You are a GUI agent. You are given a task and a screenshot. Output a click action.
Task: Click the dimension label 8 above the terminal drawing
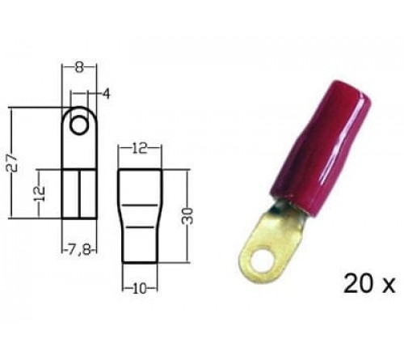78,69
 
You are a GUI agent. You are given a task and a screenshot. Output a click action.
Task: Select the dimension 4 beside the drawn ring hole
107,95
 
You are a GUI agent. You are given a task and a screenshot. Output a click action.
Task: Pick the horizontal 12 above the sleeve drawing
140,149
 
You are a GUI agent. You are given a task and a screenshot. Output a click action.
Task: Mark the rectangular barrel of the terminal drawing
78,193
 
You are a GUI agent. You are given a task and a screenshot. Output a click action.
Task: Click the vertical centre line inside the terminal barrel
78,194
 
